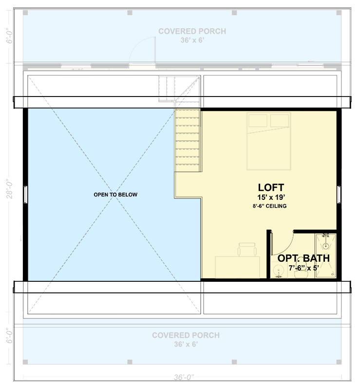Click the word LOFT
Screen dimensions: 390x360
tap(271, 187)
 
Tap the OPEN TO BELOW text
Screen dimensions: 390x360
tap(115, 195)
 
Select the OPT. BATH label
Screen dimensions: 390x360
tap(303, 258)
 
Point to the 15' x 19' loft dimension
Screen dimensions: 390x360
tap(271, 197)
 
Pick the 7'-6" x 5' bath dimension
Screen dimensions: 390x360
tap(303, 268)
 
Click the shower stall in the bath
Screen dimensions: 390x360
tap(325, 255)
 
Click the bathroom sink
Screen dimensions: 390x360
tap(280, 271)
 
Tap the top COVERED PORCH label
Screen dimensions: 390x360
tap(192, 31)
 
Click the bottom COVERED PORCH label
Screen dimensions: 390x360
tap(186, 335)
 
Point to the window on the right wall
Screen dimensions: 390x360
tap(339, 194)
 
